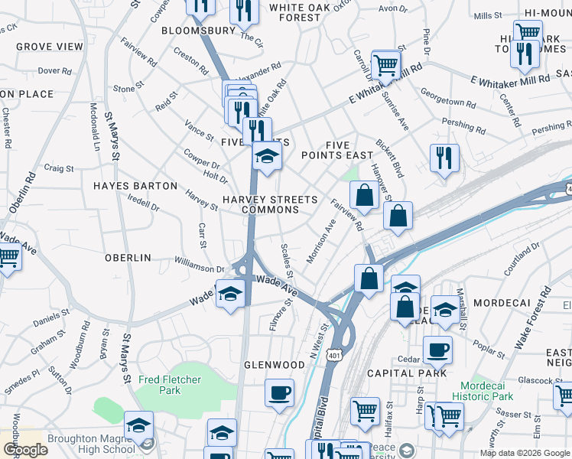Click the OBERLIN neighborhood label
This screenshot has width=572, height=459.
[128, 258]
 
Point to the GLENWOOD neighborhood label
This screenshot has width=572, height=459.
[275, 365]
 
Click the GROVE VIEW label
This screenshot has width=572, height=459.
[49, 47]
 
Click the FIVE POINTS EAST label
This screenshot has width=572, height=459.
[337, 150]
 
